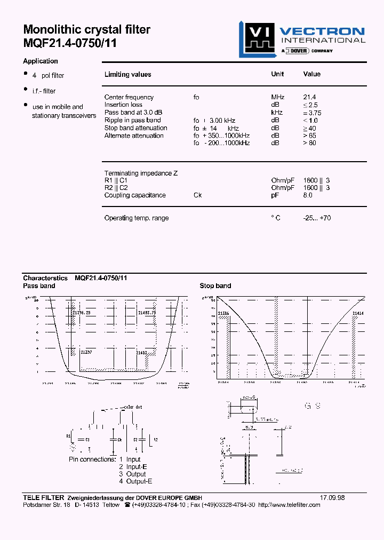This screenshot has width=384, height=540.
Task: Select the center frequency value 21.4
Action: click(x=310, y=97)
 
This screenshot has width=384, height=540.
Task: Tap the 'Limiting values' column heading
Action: click(x=128, y=75)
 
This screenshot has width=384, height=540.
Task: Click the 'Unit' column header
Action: click(x=277, y=74)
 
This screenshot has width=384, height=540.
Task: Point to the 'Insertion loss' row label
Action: click(x=123, y=105)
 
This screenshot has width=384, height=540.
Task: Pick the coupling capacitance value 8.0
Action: click(x=308, y=195)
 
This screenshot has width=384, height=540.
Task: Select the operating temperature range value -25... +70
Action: click(x=317, y=218)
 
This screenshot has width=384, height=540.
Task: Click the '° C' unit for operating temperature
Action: click(x=275, y=218)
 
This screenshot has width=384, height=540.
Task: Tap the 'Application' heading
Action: click(x=41, y=61)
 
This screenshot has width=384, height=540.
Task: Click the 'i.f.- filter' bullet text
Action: click(x=44, y=91)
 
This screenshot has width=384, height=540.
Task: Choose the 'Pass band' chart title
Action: click(x=39, y=286)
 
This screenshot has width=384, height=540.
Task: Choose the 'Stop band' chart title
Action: click(x=215, y=286)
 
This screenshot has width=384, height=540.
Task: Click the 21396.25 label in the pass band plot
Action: click(x=81, y=312)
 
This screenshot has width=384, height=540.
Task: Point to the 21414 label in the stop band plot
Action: click(x=357, y=313)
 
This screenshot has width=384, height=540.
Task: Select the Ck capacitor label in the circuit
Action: click(x=121, y=439)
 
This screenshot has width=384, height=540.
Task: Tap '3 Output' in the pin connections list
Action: click(x=132, y=474)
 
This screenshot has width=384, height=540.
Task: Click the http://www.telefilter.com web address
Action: click(x=290, y=505)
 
